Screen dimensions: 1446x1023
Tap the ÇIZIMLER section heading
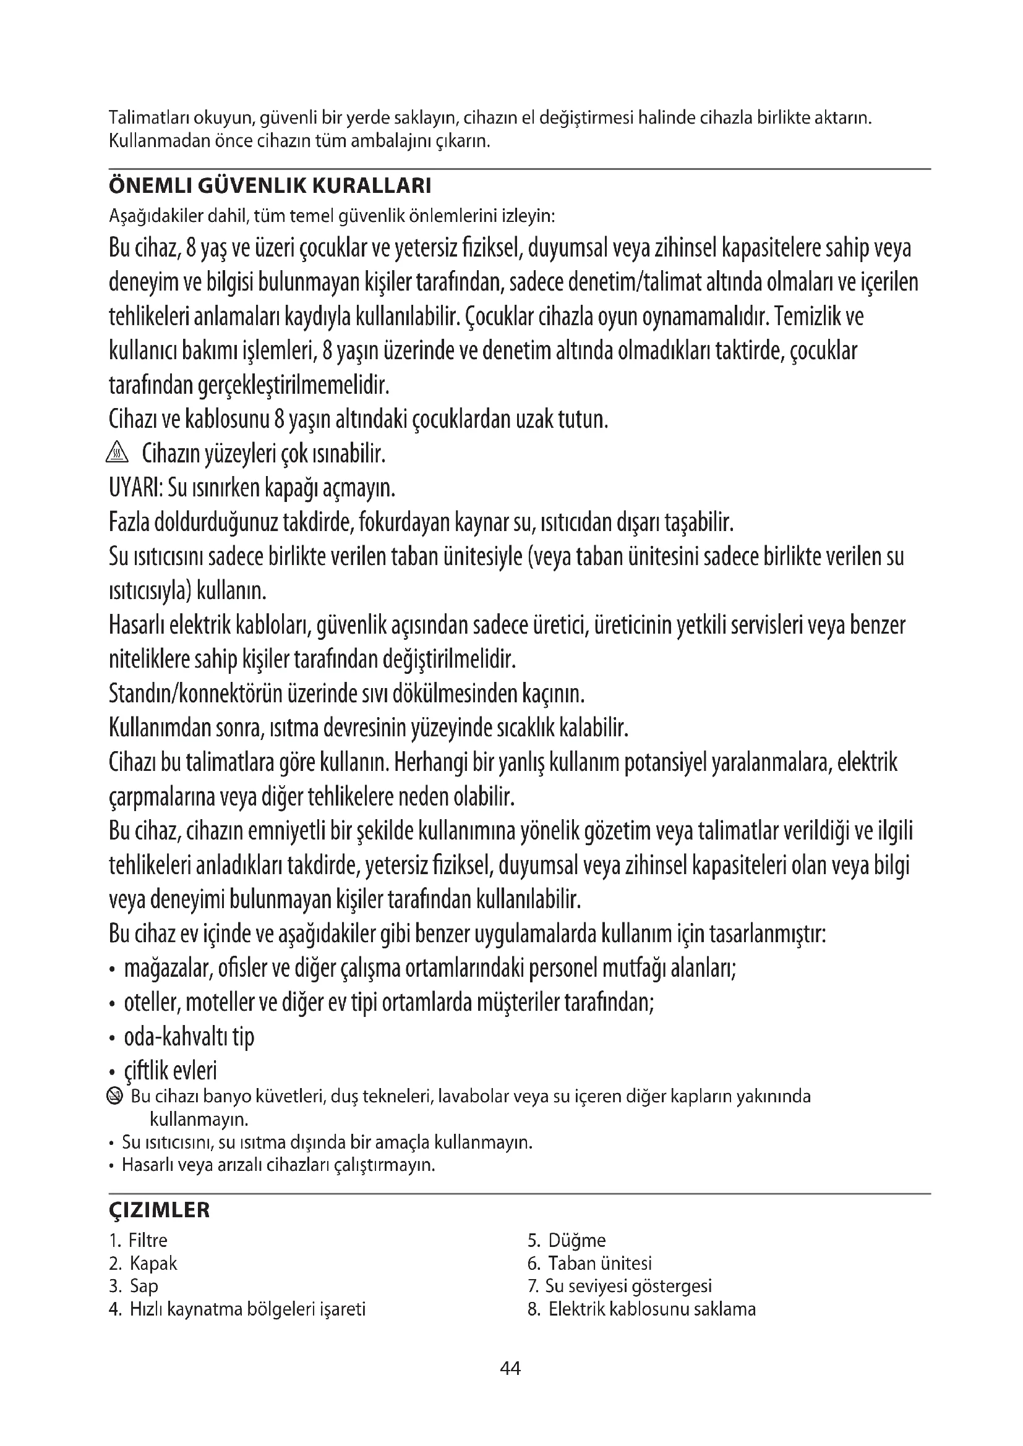[160, 1210]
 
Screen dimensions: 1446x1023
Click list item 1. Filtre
[139, 1240]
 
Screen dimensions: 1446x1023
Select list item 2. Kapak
[143, 1263]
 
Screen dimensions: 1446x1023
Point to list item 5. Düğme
[567, 1240]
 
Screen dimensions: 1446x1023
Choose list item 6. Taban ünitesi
[589, 1263]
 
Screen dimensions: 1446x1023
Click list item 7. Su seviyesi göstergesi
[620, 1285]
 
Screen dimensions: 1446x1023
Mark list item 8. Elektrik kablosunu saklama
[641, 1309]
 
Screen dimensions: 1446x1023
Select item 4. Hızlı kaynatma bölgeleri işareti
[237, 1309]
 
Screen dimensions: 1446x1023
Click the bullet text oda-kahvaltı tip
[189, 1037]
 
